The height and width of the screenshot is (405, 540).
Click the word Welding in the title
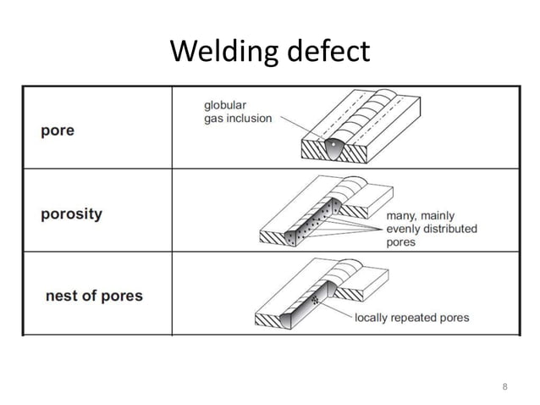point(221,53)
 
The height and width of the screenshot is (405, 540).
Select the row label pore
point(58,131)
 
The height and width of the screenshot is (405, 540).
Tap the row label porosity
point(71,214)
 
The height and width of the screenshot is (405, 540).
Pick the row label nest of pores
point(94,296)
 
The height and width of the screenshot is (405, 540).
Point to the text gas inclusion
point(238,119)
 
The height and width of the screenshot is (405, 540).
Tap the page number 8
point(504,387)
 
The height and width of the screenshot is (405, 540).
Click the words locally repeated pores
point(411,318)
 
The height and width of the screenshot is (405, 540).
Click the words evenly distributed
point(432,229)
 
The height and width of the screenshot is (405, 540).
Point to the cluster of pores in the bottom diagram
point(317,300)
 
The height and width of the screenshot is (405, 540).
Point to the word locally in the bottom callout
point(372,318)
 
